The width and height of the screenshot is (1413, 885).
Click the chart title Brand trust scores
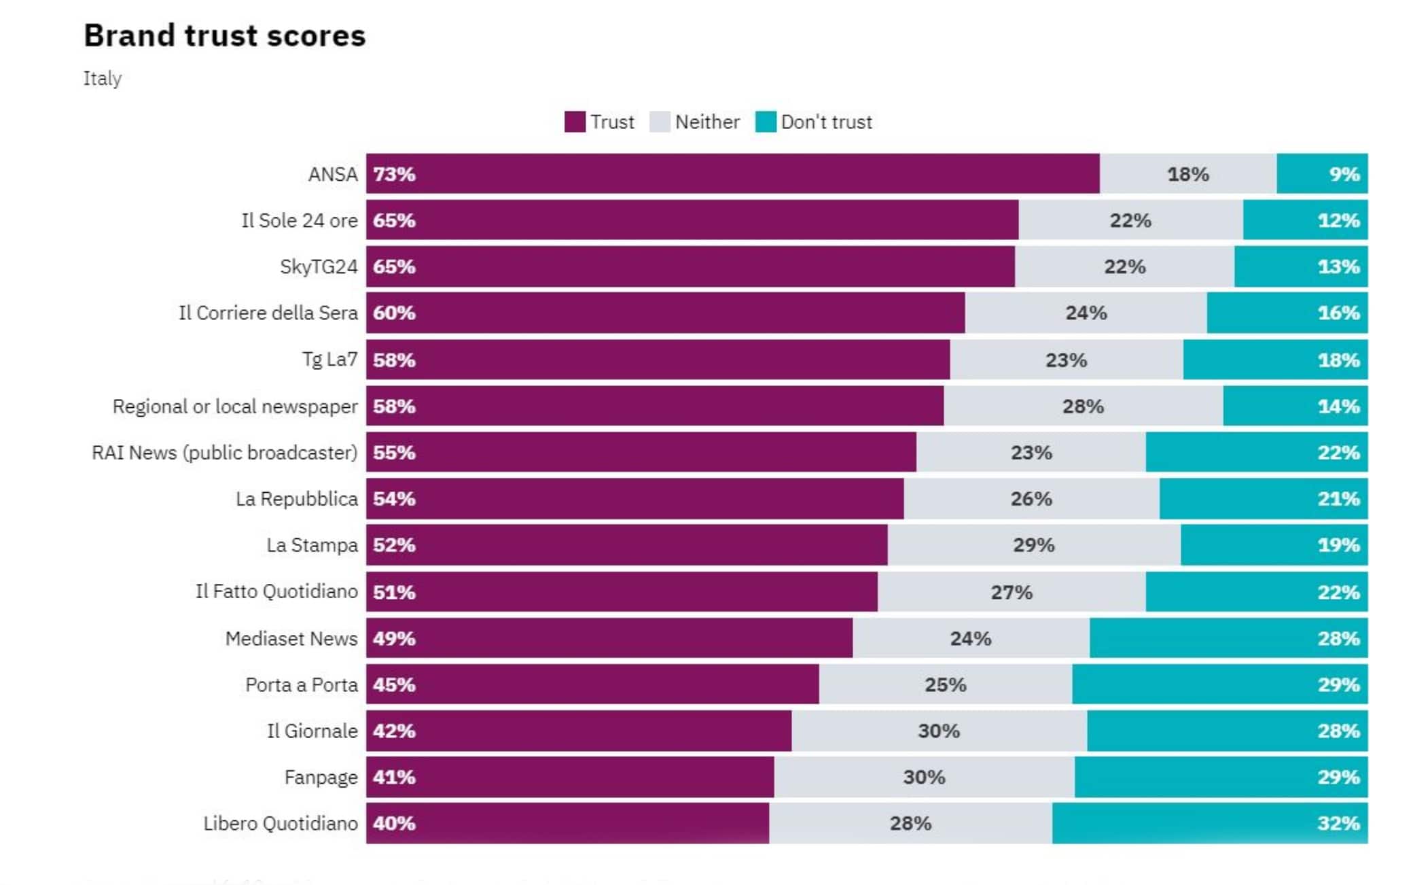224,35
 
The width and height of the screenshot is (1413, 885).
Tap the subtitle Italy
103,78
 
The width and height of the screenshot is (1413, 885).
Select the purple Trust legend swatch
575,122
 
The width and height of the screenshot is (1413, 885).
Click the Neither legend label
706,122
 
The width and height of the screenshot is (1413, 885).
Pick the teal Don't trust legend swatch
766,122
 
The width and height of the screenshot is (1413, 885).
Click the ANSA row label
332,174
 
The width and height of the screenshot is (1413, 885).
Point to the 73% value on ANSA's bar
394,174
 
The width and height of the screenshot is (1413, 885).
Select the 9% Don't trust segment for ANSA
1322,174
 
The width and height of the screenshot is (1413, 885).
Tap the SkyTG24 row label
318,266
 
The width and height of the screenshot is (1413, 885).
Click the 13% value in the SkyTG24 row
1338,266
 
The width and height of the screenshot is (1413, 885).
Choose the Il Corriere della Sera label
268,313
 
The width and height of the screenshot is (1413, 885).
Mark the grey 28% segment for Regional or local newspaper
1083,406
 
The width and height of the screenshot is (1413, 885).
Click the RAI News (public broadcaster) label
224,453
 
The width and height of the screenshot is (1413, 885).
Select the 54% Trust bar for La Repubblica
634,499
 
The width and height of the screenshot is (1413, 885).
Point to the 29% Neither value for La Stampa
1033,545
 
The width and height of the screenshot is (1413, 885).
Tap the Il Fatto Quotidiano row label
276,591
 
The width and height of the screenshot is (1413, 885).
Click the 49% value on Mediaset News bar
394,638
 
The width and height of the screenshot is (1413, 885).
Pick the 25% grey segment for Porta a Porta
945,684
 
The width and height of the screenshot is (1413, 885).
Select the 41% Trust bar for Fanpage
569,777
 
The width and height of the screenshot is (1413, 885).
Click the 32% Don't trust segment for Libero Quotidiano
1209,823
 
